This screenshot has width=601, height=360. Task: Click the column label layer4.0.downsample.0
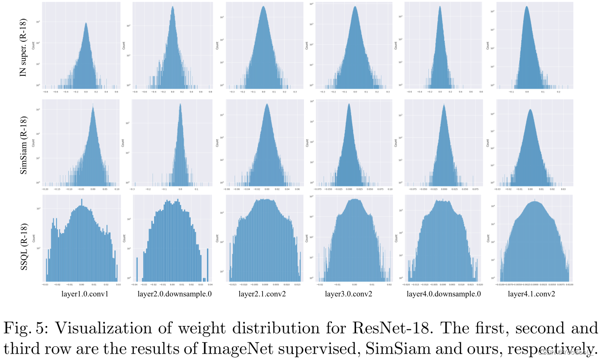444,294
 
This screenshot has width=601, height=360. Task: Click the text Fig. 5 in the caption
25,328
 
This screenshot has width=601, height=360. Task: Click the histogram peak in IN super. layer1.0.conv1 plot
86,23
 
